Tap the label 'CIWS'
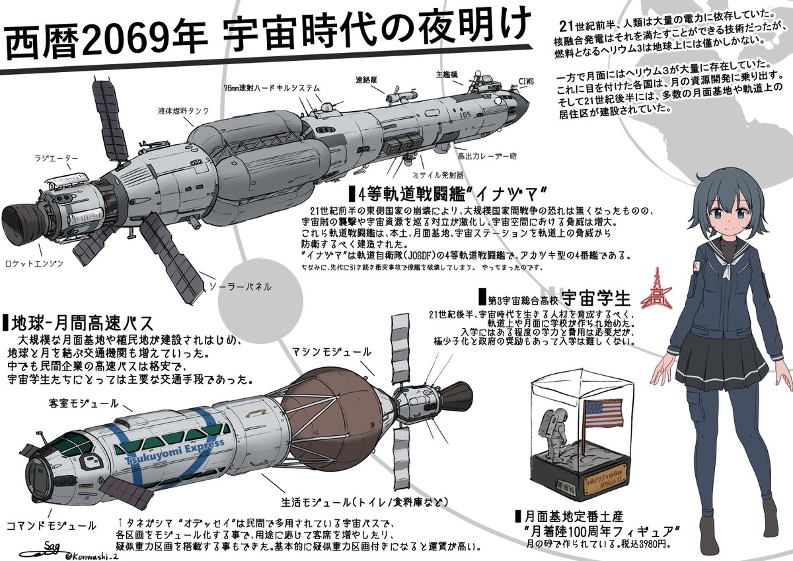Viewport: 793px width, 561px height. pyautogui.click(x=527, y=82)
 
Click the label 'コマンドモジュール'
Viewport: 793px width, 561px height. pyautogui.click(x=51, y=526)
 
